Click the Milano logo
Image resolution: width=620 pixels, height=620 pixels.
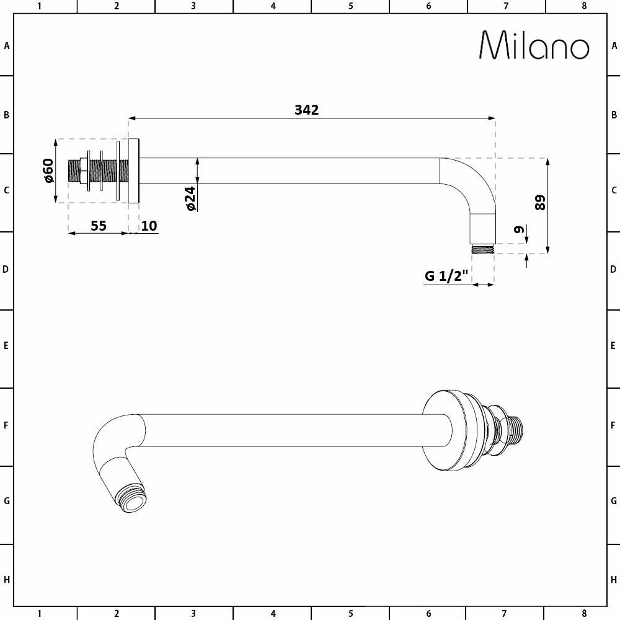(x=534, y=45)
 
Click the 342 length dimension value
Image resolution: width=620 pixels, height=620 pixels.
(x=306, y=110)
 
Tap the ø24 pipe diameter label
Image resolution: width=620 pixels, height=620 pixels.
(x=190, y=198)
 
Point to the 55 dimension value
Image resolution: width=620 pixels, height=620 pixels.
(x=99, y=225)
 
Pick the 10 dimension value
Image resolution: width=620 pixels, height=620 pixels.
(x=149, y=225)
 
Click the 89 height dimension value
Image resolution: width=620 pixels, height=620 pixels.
(x=540, y=203)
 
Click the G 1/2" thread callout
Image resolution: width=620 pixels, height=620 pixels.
(x=445, y=276)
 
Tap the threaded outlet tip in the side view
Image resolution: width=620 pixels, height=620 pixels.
(x=482, y=249)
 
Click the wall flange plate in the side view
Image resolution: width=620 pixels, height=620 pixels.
(x=135, y=170)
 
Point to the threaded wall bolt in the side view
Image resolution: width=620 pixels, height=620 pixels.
(x=99, y=170)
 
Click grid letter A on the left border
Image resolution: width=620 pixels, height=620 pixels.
(x=7, y=45)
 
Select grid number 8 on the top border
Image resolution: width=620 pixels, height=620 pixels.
(x=583, y=6)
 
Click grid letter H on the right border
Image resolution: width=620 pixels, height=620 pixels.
(x=613, y=580)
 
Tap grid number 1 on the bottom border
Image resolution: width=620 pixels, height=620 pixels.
(x=39, y=614)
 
